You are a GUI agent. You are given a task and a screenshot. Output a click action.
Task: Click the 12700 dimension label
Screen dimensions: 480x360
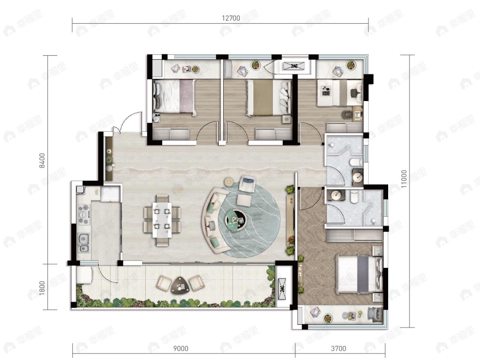tap(231, 18)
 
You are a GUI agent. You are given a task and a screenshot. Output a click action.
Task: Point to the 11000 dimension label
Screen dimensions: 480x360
tap(404, 179)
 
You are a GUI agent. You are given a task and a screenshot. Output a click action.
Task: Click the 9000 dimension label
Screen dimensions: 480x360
tap(181, 348)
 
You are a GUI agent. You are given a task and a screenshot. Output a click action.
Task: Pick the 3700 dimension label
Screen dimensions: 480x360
tap(338, 348)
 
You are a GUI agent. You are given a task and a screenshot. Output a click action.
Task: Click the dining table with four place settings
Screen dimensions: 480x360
tap(162, 219)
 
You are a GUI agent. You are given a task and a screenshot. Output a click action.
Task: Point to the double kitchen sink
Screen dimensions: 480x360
tap(84, 243)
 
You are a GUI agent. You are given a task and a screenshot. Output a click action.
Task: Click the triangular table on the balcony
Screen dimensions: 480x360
tap(180, 286)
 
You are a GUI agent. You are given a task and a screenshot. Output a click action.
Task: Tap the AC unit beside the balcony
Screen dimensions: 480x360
tap(282, 289)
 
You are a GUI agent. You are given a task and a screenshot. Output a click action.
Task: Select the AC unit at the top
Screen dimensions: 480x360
tap(294, 66)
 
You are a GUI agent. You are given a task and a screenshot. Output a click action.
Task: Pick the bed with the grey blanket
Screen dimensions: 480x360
tap(359, 274)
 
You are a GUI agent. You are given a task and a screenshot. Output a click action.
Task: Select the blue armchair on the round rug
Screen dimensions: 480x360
tap(248, 183)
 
